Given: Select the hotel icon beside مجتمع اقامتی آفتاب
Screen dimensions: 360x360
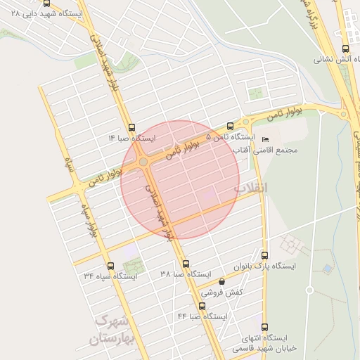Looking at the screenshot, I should click(265, 139).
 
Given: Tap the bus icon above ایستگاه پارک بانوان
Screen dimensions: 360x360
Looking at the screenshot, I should click(264, 255).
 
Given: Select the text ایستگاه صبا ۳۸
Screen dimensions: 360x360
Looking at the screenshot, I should click(186, 274).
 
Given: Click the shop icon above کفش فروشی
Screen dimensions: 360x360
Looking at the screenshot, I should click(222, 281).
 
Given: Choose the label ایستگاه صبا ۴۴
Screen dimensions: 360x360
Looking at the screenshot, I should click(202, 316).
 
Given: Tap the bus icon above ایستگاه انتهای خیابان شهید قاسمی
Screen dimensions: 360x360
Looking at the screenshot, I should click(264, 326).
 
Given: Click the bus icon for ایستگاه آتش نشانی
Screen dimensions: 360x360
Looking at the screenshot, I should click(345, 49).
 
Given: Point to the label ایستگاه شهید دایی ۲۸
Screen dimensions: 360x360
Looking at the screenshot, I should click(52, 13).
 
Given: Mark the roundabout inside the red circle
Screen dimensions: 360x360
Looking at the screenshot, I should click(143, 162).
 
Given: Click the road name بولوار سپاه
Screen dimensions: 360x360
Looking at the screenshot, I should click(87, 219).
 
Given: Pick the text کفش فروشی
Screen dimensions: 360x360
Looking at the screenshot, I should click(222, 292).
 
